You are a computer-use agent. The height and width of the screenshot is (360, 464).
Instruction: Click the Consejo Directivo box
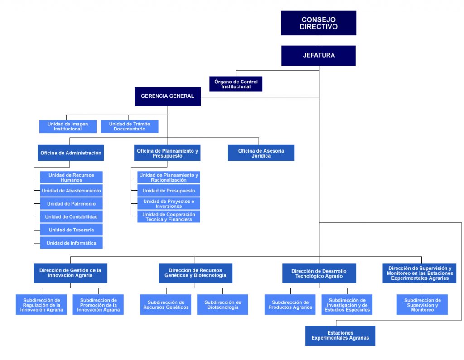[318, 23]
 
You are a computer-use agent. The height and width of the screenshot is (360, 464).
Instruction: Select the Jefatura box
[318, 55]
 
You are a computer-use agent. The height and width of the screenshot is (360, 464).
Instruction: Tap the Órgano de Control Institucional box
[236, 84]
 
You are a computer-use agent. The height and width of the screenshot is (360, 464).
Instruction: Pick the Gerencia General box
[167, 96]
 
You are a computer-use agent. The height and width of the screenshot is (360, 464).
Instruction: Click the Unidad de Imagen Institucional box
[68, 126]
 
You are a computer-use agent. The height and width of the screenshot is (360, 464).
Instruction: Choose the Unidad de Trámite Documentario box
[130, 126]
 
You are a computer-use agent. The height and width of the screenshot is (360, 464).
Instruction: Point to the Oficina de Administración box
[71, 153]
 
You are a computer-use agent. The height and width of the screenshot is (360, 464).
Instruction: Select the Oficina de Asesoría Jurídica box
[261, 153]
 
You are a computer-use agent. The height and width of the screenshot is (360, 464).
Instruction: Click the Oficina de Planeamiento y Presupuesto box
[167, 153]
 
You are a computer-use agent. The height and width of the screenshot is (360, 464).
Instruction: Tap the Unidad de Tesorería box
[72, 230]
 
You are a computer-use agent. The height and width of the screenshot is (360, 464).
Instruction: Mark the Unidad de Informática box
[72, 243]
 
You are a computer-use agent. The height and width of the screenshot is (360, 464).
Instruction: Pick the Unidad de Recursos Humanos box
[72, 178]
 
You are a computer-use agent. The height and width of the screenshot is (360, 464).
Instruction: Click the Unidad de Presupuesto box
[169, 191]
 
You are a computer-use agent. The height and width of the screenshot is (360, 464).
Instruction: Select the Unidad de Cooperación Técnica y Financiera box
[169, 217]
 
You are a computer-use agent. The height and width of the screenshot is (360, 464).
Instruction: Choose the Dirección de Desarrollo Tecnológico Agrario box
[319, 274]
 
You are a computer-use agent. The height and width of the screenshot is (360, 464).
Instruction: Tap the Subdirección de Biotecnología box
[222, 305]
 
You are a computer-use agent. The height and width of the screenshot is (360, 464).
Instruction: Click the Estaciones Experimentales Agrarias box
[340, 336]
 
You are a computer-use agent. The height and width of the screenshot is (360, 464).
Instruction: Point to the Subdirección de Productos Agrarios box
[290, 305]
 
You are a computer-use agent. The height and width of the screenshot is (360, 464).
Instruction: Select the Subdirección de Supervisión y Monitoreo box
[422, 305]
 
